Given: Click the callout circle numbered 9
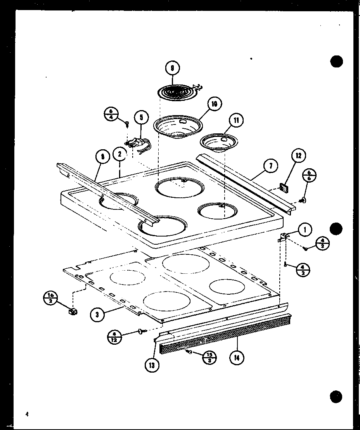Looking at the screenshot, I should (172, 69).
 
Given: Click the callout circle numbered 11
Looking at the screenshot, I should (236, 120).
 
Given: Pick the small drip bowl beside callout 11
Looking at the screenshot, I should (216, 142).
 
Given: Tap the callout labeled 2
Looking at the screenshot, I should (120, 154).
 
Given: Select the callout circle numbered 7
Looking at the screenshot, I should (270, 166).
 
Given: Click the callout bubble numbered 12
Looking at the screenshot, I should (298, 156).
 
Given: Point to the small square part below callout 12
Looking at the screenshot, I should (284, 188).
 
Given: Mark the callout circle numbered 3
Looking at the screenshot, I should (97, 315).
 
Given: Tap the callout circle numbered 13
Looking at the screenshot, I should (152, 365).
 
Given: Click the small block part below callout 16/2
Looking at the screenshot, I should (72, 311).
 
